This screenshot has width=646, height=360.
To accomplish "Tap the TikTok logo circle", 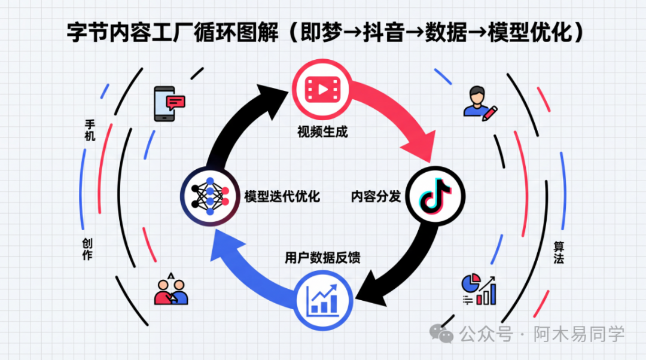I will (435, 196).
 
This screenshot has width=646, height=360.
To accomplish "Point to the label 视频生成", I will (322, 132).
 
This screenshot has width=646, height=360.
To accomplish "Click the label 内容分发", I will (376, 196).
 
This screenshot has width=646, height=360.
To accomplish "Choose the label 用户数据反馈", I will (322, 258).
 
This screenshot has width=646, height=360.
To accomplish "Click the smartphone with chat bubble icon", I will (169, 103).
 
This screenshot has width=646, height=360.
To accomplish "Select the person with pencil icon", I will (479, 103).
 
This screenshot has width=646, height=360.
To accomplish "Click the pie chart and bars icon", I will (479, 289).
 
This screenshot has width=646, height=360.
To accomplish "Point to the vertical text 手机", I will (90, 130).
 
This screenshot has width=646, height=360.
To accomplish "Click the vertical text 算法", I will (559, 252).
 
